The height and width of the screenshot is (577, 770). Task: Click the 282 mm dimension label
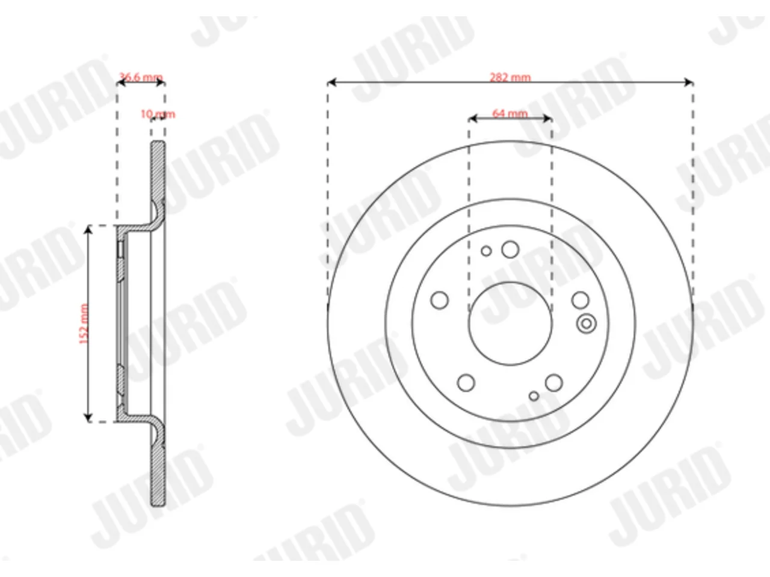510,77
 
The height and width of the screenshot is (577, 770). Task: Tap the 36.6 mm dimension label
141,77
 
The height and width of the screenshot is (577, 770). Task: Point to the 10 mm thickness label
158,114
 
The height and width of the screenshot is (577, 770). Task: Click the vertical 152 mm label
84,324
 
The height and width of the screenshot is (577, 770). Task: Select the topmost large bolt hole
510,249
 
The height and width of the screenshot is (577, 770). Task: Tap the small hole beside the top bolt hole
486,251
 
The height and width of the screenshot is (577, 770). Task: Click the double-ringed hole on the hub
586,324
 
